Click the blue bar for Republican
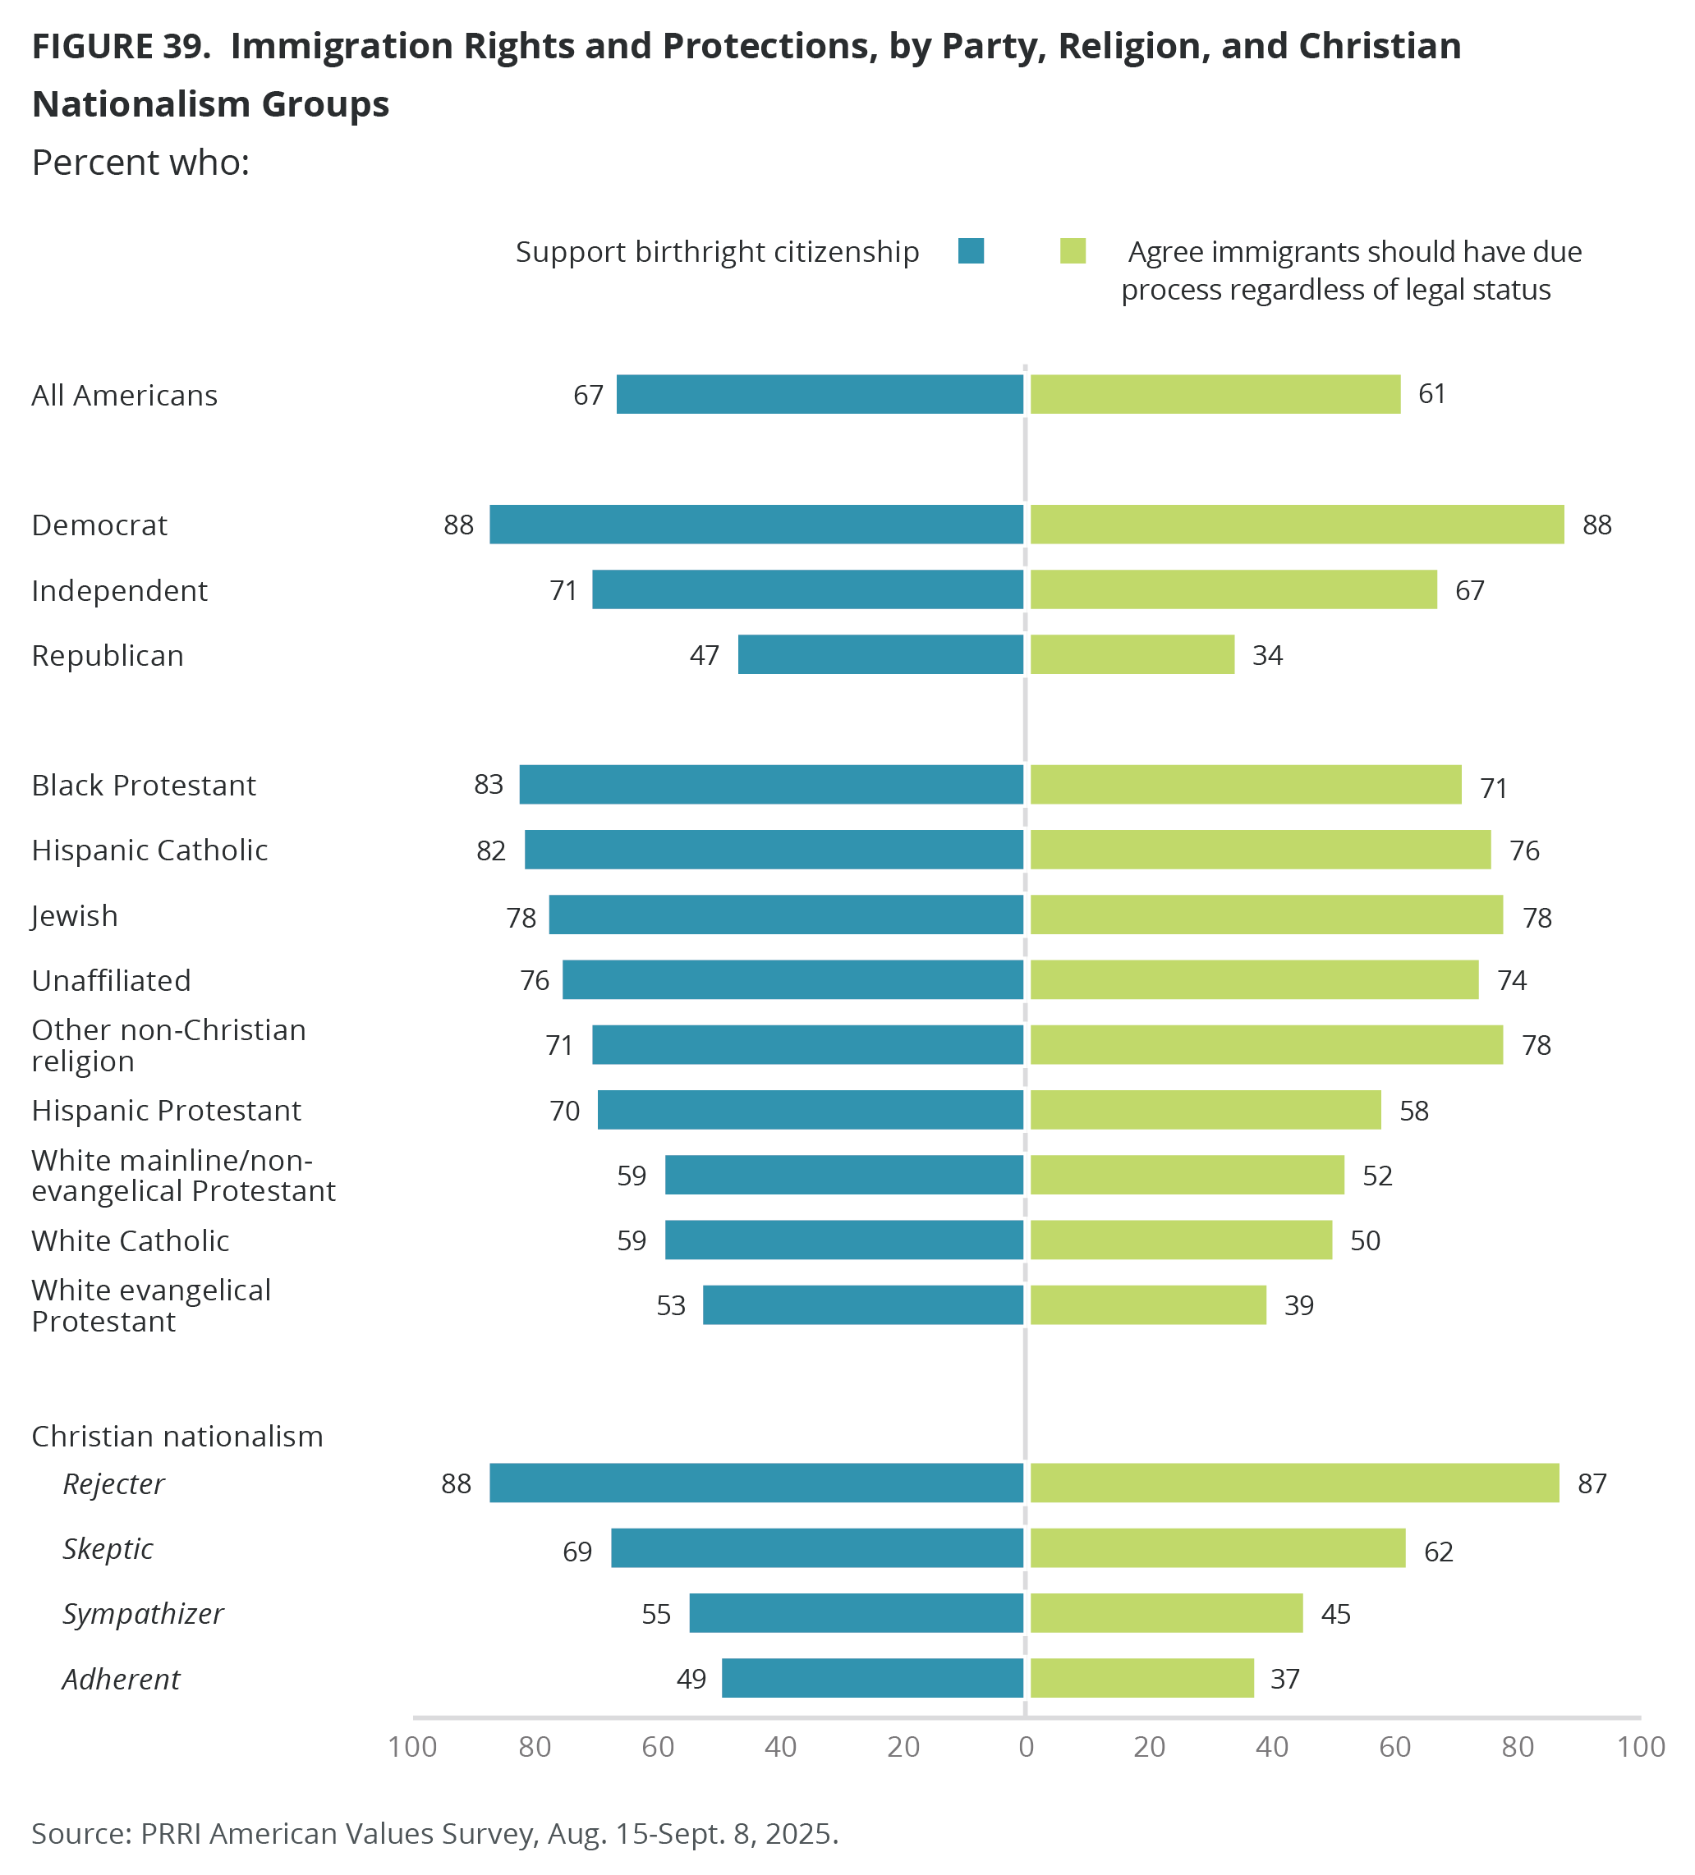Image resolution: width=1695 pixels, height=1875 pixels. tap(880, 655)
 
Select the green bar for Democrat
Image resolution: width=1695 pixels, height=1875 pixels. tap(1297, 525)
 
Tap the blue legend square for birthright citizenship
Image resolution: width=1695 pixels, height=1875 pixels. tap(971, 251)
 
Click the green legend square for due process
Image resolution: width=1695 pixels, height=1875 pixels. tap(1073, 251)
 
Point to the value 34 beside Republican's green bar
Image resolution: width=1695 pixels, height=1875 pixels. tap(1267, 656)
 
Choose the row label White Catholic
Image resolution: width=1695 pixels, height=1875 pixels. tap(131, 1240)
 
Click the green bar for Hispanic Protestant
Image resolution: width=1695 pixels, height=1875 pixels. tap(1205, 1110)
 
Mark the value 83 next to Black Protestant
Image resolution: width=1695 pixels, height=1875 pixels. tap(489, 785)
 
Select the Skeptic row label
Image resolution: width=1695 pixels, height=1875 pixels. tap(108, 1548)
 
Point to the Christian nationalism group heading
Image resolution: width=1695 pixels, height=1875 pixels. tap(177, 1436)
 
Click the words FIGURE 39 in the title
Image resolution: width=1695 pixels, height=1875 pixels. tap(121, 47)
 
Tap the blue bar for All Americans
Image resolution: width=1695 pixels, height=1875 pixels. tap(819, 394)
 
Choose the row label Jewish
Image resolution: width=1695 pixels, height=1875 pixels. tap(75, 916)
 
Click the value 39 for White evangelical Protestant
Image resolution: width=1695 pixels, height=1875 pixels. tap(1298, 1306)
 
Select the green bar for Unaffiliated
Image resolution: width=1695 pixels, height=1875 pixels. tap(1254, 979)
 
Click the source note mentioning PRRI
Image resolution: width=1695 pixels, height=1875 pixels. tap(434, 1833)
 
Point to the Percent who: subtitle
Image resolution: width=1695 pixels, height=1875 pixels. tap(140, 163)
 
